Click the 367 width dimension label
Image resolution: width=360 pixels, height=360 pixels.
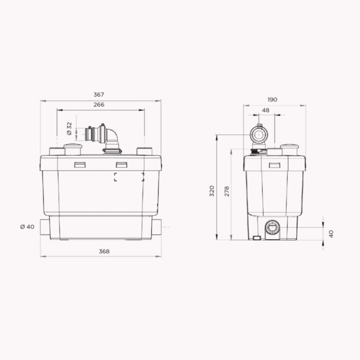coord(99,94)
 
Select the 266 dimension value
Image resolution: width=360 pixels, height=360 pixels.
coord(99,104)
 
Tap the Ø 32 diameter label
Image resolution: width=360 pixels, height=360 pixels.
coord(69,129)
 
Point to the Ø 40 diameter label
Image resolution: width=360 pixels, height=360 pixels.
coord(27,227)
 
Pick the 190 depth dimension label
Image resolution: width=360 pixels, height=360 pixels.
coord(272,99)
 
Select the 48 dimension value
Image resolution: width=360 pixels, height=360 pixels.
coord(265,110)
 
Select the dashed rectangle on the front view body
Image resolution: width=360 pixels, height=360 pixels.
coord(129,177)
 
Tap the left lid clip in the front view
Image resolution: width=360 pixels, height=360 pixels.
coord(80,165)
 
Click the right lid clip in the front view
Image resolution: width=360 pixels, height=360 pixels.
coord(122,165)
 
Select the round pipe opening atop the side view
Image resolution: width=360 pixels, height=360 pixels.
coord(258,135)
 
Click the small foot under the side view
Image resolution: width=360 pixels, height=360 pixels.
coord(257,238)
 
